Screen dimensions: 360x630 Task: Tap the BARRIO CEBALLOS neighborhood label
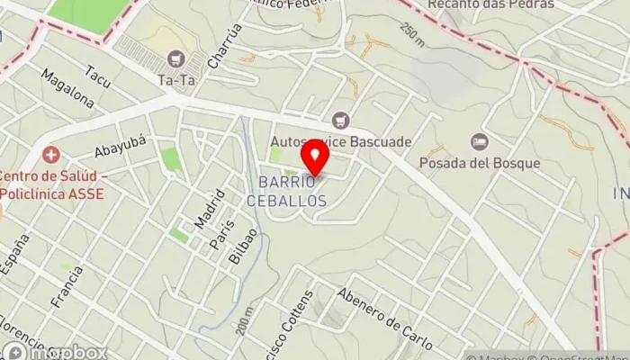pos(298,192)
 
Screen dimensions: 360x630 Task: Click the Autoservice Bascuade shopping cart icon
pos(340,119)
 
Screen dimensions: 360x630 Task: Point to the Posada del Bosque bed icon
pos(480,140)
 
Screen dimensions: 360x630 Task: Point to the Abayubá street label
pos(120,147)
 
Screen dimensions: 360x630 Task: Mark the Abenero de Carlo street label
pos(385,319)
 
